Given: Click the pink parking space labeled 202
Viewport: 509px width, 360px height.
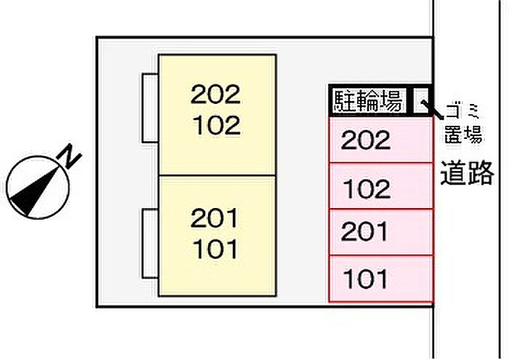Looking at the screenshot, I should [x=380, y=140].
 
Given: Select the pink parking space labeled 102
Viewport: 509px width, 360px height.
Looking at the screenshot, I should [x=380, y=187].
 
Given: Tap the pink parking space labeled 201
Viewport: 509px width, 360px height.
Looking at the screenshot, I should [x=380, y=233].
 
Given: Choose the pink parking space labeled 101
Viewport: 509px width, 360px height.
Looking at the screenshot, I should [x=380, y=279].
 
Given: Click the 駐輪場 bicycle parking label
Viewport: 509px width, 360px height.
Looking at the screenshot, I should [x=369, y=101].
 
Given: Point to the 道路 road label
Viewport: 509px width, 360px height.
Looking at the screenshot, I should [x=467, y=174].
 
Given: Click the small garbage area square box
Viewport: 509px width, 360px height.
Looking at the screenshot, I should [x=422, y=100].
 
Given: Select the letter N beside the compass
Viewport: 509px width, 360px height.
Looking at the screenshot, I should [x=70, y=155].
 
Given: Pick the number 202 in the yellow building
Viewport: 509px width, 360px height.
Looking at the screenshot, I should [x=216, y=94].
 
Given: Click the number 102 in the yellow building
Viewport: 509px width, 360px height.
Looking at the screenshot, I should [x=216, y=125].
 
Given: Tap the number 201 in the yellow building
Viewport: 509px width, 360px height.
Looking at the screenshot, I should [x=216, y=217].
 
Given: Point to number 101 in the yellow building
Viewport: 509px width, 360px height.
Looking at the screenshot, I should [x=216, y=249].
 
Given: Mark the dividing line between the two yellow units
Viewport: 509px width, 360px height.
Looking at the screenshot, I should [x=217, y=175].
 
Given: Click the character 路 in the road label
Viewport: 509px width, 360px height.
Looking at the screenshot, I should [x=481, y=174].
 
